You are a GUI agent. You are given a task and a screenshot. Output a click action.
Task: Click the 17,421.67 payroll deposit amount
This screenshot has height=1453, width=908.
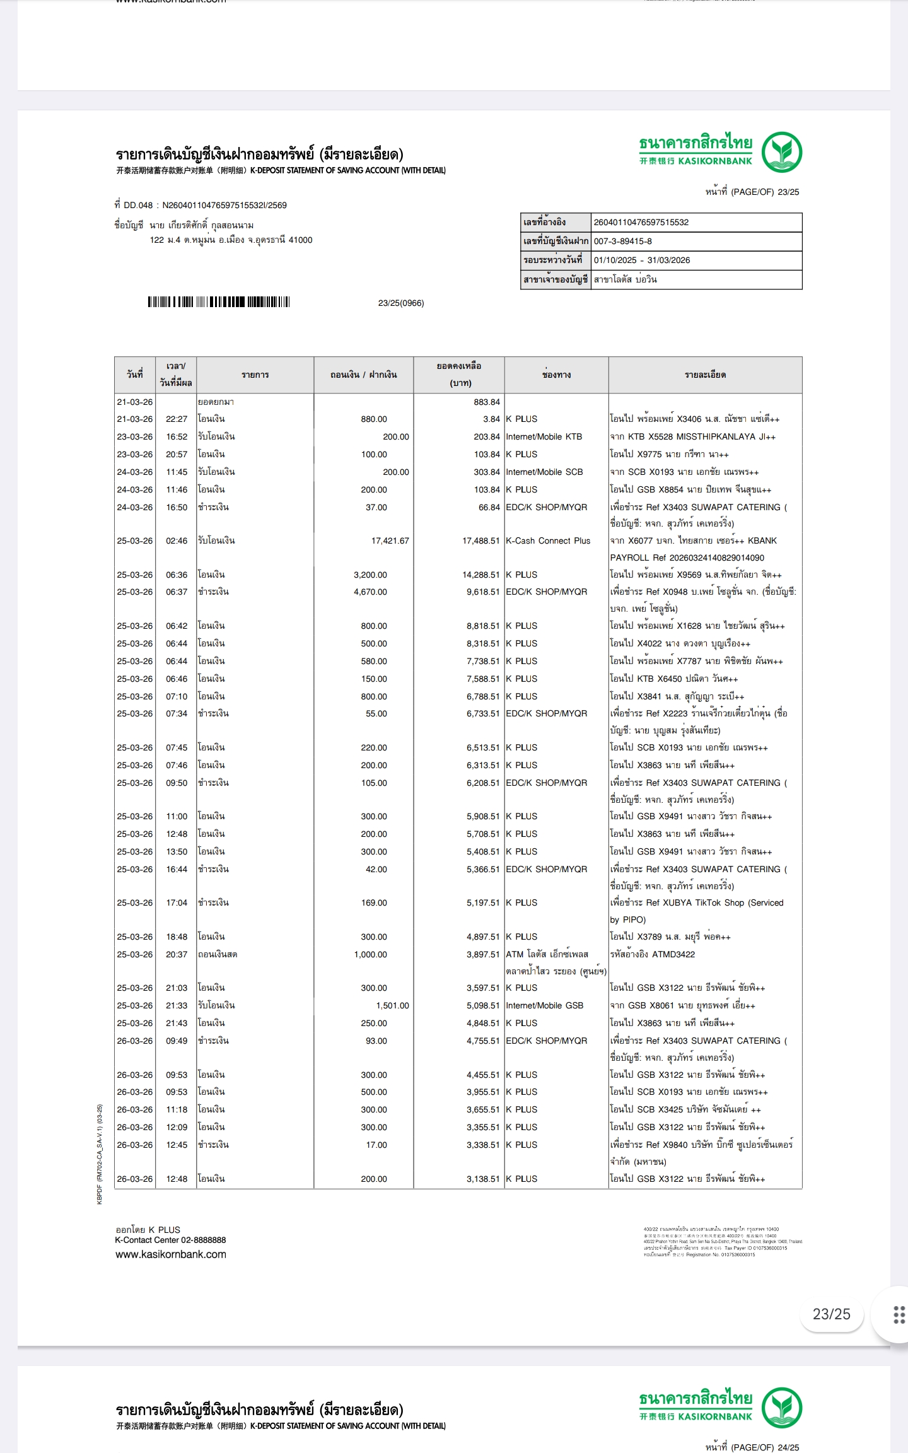click(x=390, y=540)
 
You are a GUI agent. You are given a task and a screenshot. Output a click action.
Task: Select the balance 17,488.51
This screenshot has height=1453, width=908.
click(x=480, y=540)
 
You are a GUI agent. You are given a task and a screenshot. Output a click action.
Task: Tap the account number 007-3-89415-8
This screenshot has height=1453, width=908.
click(x=623, y=241)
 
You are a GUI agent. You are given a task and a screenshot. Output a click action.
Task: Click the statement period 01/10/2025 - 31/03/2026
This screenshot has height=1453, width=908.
click(x=641, y=260)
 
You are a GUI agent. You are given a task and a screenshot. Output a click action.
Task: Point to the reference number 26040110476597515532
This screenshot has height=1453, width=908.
click(x=641, y=222)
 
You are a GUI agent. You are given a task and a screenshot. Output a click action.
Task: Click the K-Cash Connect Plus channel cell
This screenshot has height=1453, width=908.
click(x=548, y=540)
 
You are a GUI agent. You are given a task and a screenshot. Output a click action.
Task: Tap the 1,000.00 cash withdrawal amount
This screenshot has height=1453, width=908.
click(x=370, y=954)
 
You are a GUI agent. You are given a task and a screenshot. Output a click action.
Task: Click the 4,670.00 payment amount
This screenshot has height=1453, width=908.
click(x=370, y=592)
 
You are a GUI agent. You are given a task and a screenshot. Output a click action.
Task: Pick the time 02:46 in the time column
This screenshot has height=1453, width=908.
click(x=177, y=540)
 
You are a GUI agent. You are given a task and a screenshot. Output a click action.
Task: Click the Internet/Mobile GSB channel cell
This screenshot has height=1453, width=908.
click(x=545, y=1005)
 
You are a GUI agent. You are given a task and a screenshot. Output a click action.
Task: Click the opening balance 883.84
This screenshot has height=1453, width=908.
click(x=486, y=402)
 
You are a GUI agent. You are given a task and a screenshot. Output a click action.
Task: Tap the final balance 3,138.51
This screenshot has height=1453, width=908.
click(x=482, y=1179)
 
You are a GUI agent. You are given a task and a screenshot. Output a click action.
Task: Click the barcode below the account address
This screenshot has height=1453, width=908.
click(x=218, y=302)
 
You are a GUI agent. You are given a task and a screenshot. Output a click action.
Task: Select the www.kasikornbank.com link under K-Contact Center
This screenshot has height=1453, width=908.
click(x=171, y=1254)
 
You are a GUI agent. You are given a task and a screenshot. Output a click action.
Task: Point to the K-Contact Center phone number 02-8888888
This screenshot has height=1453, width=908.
click(x=203, y=1240)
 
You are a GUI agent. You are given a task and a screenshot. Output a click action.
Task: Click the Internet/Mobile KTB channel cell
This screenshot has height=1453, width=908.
click(x=544, y=436)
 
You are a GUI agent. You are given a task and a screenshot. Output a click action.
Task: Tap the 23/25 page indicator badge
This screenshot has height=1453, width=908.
click(x=831, y=1314)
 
